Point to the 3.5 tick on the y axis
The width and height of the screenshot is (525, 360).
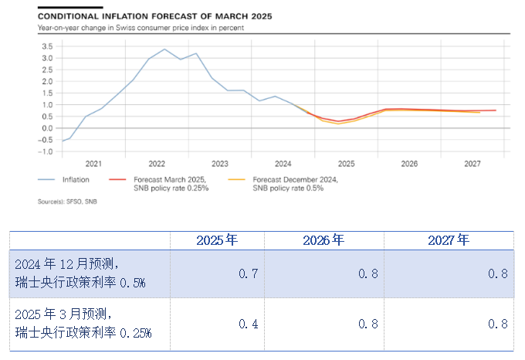tap(46, 46)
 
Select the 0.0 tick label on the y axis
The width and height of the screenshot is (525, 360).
tap(46, 128)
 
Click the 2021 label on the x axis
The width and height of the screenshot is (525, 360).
tap(93, 164)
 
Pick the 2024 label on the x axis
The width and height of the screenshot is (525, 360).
tap(283, 164)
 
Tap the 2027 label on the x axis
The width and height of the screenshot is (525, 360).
tap(472, 164)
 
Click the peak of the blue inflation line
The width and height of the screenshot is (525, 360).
tap(164, 49)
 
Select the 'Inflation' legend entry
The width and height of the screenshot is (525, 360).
tap(76, 180)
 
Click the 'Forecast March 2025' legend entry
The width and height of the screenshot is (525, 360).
tap(163, 184)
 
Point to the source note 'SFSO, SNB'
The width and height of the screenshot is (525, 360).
tap(68, 201)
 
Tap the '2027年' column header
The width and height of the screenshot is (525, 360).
tap(448, 240)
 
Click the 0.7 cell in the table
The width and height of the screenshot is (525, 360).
tap(249, 274)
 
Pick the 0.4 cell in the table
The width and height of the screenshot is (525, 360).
tap(249, 324)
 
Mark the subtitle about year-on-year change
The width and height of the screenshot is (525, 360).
tap(141, 28)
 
